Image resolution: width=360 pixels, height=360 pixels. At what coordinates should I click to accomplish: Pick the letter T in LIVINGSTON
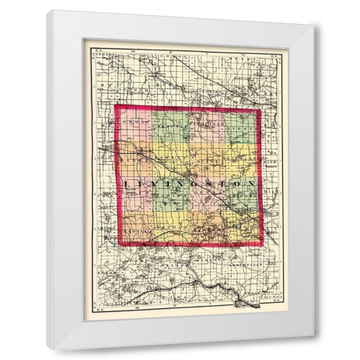click(217, 184)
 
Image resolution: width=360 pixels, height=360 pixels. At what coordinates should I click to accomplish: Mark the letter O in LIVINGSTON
click(232, 184)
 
